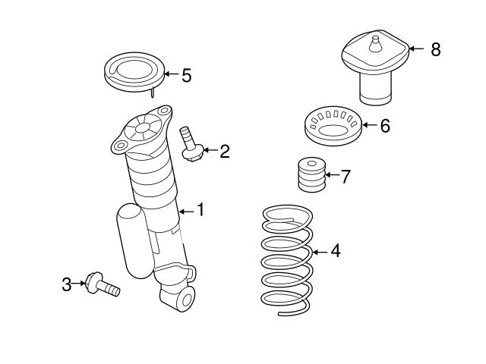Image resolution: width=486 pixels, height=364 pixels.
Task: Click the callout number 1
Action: (200, 209)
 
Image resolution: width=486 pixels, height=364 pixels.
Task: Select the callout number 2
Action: (224, 151)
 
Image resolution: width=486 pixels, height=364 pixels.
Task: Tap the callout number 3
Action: (67, 284)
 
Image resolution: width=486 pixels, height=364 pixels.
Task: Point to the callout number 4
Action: (335, 251)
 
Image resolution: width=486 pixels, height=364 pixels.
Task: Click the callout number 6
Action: (384, 126)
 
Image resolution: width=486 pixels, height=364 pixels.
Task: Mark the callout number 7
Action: (346, 177)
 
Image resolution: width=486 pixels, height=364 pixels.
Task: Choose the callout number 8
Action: (434, 49)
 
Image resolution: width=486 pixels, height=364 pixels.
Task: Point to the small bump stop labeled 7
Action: (308, 176)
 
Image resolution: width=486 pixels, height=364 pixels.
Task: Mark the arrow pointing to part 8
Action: (416, 49)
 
